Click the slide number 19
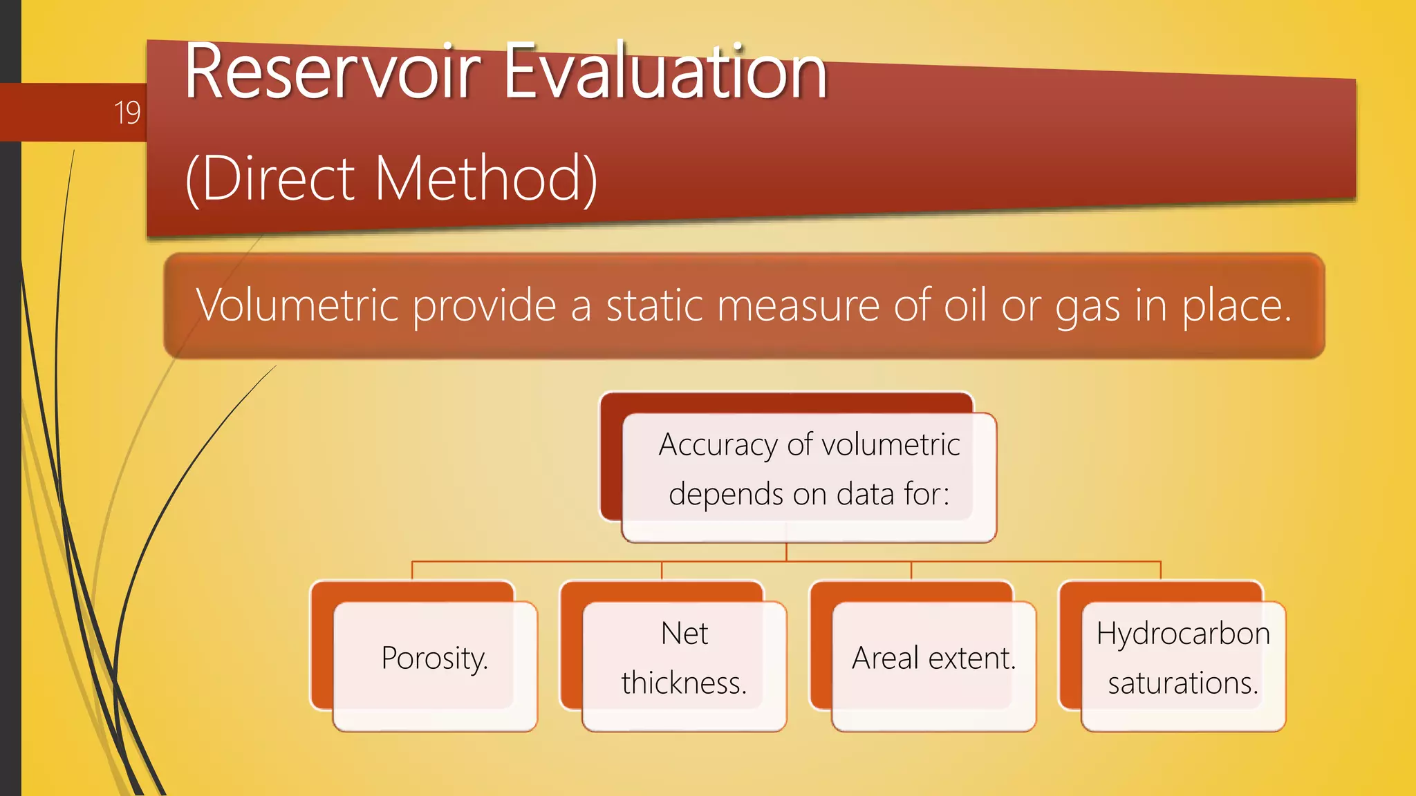(x=127, y=113)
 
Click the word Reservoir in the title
(x=332, y=73)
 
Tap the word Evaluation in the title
(x=664, y=73)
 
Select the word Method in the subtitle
(x=479, y=178)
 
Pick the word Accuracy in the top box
(x=718, y=445)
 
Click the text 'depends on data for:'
(x=809, y=494)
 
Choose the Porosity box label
(x=434, y=658)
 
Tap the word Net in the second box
(x=684, y=633)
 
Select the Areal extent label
(x=933, y=658)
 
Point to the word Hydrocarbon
(x=1183, y=633)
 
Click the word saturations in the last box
(x=1182, y=683)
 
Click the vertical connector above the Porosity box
(x=412, y=570)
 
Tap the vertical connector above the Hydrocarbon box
(x=1160, y=570)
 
